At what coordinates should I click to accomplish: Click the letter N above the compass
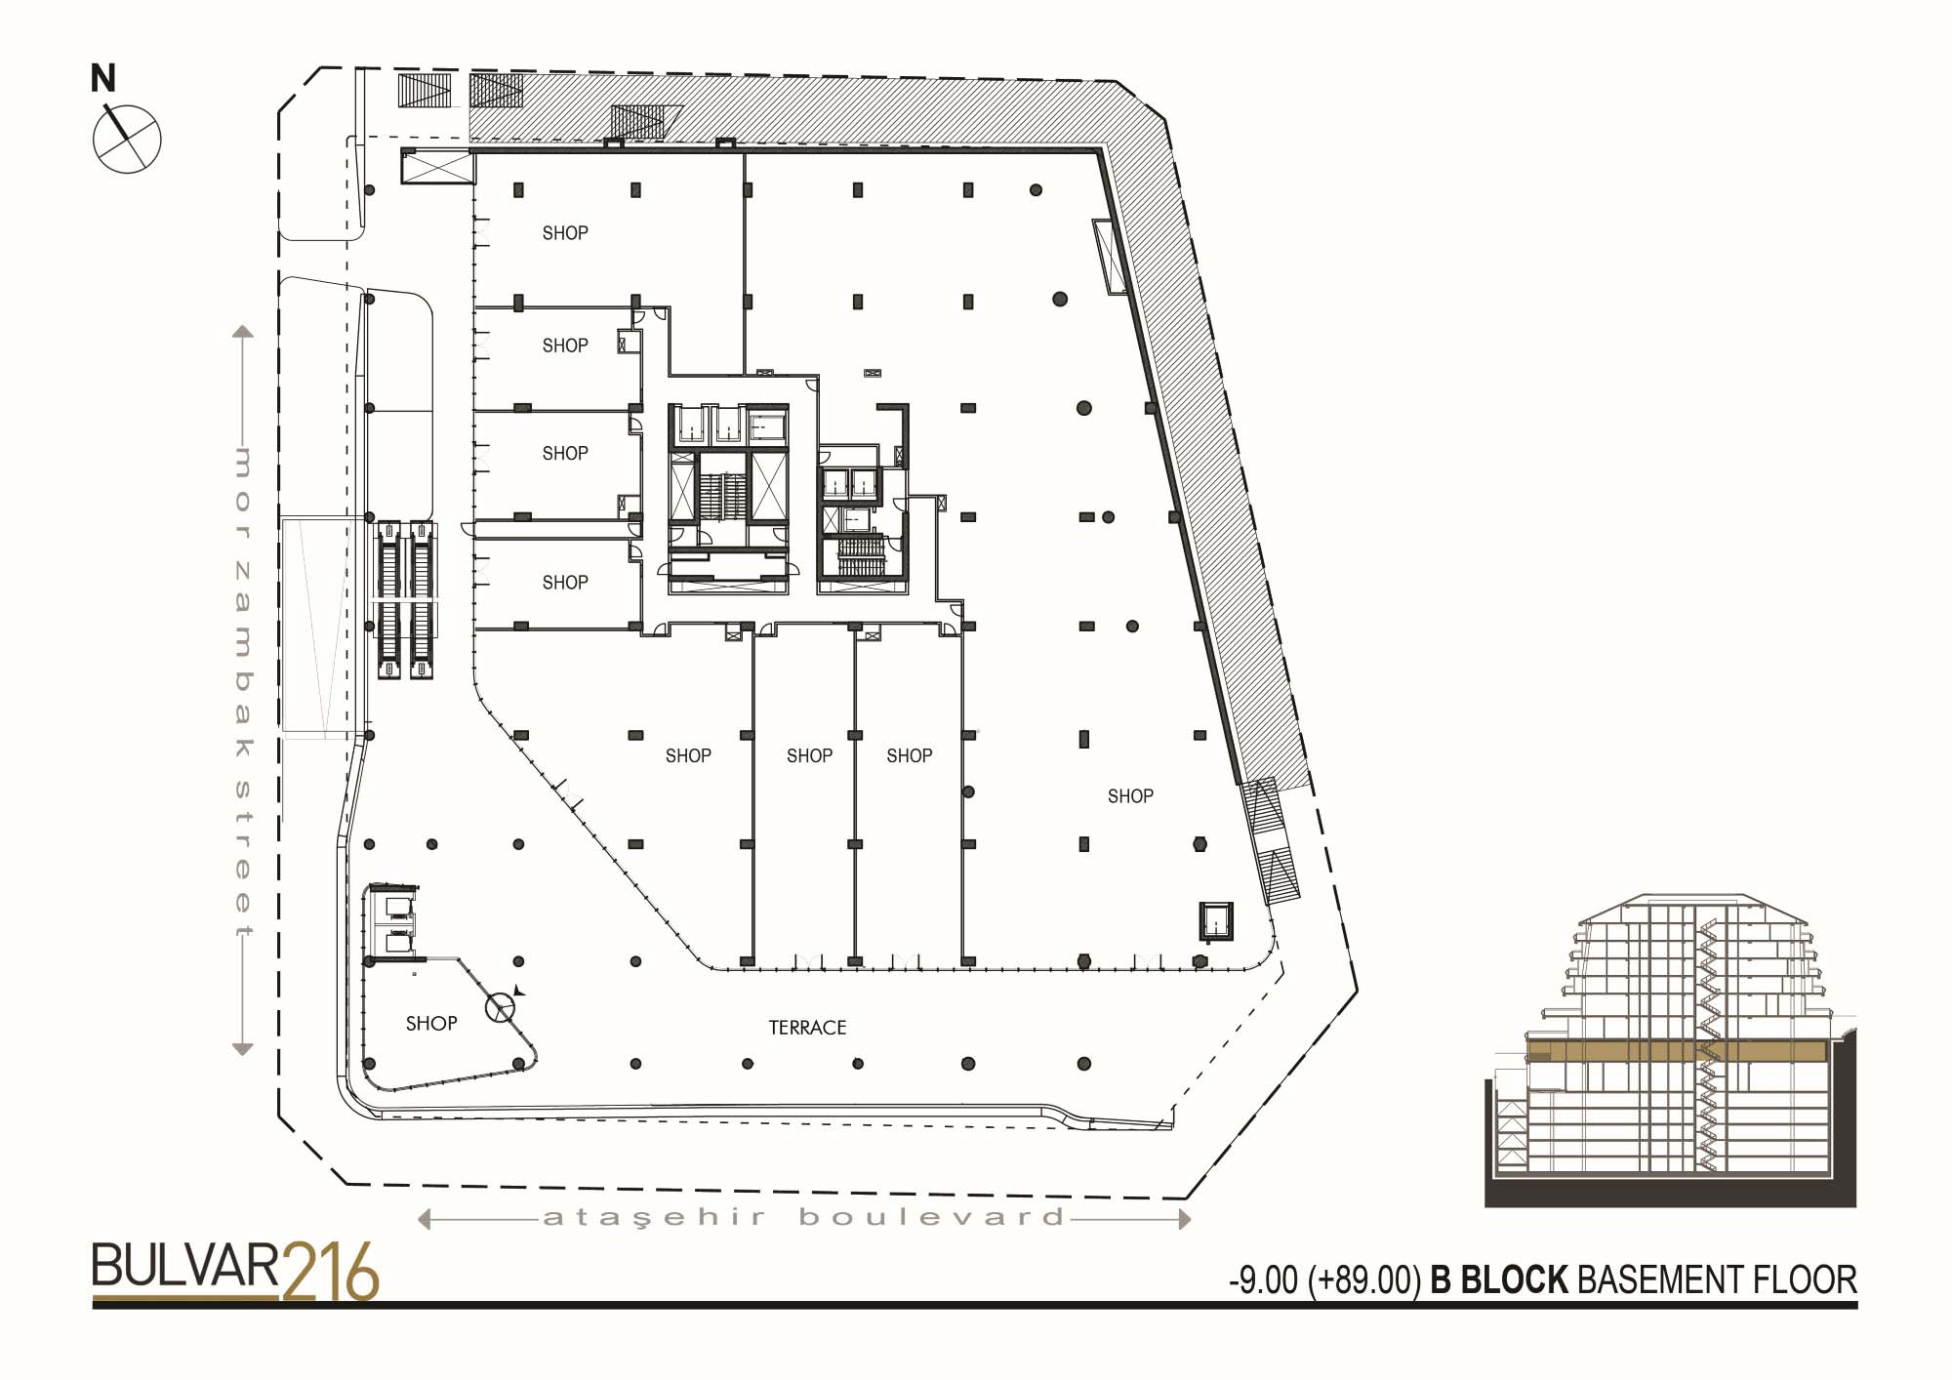coord(102,78)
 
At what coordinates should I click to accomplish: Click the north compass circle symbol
coord(127,139)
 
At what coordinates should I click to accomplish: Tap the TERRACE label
coord(807,1028)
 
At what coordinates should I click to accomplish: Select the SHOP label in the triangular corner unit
coord(431,1024)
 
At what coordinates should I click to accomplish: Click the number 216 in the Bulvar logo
coord(330,1272)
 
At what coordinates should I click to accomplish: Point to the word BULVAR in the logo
coord(185,1266)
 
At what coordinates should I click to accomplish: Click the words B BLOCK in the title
coord(1499,1280)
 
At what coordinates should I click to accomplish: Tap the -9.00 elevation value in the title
coord(1263,1280)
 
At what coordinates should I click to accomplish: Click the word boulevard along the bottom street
coord(931,1217)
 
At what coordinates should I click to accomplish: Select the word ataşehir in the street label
coord(654,1218)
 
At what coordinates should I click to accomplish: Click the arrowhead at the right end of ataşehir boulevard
coord(1185,1219)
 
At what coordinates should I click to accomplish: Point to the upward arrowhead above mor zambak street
coord(243,331)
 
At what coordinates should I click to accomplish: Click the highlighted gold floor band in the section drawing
coord(1676,1051)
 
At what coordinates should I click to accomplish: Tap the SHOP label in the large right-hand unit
coord(1130,796)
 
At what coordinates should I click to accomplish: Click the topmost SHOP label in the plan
coord(565,233)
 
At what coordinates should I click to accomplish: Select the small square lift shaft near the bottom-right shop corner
coord(1216,920)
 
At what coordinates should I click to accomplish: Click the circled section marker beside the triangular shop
coord(501,1008)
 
